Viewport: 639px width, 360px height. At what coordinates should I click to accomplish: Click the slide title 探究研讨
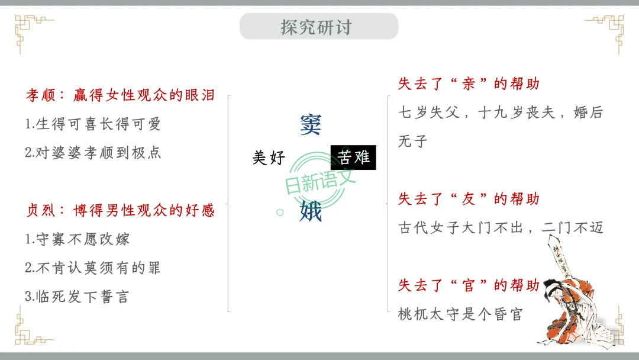(x=318, y=27)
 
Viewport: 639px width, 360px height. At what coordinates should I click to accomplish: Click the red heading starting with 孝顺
(x=120, y=95)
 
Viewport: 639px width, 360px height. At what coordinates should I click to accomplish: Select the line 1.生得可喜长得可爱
(x=93, y=124)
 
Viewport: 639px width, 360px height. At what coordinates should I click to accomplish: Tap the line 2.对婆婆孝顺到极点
(x=93, y=153)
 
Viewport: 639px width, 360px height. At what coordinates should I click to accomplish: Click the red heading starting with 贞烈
(x=120, y=210)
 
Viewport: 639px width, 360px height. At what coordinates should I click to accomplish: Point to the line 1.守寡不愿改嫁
(x=78, y=239)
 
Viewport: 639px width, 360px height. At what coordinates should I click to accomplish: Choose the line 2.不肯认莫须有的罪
(x=93, y=268)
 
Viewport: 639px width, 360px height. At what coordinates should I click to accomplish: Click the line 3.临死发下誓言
(x=78, y=297)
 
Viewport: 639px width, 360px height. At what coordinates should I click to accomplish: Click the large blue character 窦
(x=311, y=124)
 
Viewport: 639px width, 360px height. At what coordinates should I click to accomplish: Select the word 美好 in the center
(x=269, y=157)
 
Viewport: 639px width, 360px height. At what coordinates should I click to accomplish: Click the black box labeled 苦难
(x=353, y=157)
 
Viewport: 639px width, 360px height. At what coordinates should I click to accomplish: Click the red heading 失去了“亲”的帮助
(x=469, y=84)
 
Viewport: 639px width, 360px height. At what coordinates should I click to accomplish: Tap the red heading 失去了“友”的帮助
(x=469, y=199)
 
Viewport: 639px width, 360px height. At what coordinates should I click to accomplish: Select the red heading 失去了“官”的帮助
(x=469, y=285)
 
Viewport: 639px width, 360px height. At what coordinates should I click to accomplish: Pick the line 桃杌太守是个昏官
(x=461, y=314)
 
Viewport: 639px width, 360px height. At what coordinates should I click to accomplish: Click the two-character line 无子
(x=413, y=142)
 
